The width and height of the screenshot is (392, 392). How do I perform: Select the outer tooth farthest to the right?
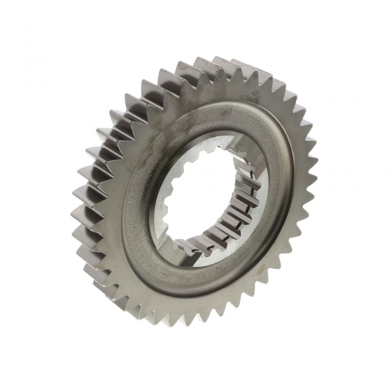314,162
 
